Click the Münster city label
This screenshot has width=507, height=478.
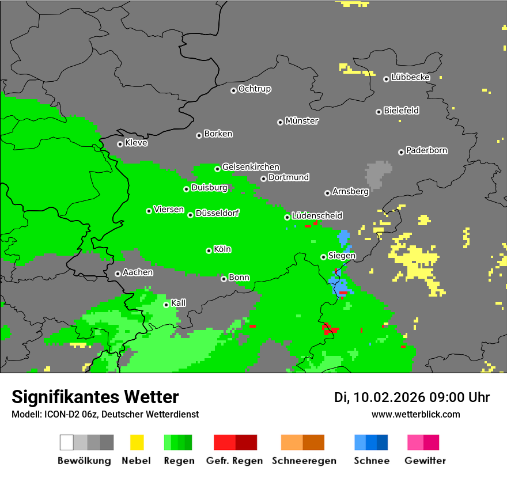click(x=302, y=121)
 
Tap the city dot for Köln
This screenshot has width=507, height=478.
click(x=209, y=251)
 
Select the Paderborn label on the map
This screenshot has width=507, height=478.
click(x=427, y=151)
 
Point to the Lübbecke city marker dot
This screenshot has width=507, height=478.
click(x=386, y=79)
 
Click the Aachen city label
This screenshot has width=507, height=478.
click(x=138, y=272)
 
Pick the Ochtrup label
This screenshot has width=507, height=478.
click(x=255, y=89)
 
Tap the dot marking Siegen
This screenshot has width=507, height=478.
click(x=323, y=257)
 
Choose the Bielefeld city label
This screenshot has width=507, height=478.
click(x=402, y=111)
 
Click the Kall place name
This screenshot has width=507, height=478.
click(x=179, y=303)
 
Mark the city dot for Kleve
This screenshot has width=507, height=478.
click(x=120, y=144)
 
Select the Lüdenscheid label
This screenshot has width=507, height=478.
click(x=317, y=216)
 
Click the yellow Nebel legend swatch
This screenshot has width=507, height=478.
click(x=137, y=442)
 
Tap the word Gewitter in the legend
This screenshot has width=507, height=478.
click(x=425, y=461)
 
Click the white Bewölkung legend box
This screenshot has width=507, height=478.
click(x=67, y=442)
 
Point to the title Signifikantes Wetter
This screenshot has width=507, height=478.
click(x=95, y=397)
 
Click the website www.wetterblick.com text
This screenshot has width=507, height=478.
click(x=415, y=414)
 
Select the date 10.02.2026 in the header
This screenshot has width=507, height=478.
click(x=389, y=397)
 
